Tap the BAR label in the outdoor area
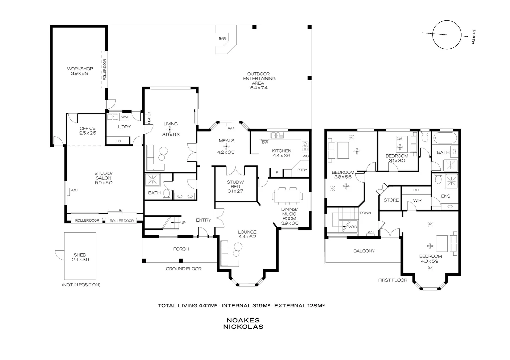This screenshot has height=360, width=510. click(222, 39)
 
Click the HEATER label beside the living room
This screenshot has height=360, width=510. click(149, 117)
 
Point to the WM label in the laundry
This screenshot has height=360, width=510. click(124, 117)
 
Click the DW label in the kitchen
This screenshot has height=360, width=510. click(265, 142)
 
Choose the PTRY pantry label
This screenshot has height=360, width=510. click(302, 170)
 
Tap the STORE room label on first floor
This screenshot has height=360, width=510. click(391, 200)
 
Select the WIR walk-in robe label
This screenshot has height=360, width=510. click(417, 200)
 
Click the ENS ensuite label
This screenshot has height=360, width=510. click(446, 196)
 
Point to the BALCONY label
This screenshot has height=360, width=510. click(364, 251)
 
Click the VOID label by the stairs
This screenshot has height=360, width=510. click(353, 227)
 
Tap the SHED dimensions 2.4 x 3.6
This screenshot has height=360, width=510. click(80, 260)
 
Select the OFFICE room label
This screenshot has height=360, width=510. click(87, 128)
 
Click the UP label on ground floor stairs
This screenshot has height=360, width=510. click(183, 223)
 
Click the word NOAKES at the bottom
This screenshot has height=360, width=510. click(243, 320)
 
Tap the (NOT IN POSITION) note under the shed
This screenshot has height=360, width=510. click(81, 285)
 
